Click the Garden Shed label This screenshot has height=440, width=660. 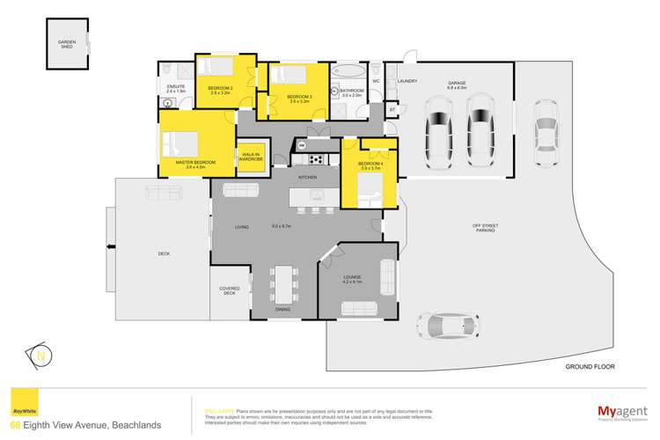[66, 44]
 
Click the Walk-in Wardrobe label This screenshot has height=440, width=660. [250, 157]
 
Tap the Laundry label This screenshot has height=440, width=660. [407, 81]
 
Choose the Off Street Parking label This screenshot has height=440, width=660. [485, 229]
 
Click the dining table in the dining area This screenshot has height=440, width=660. [283, 283]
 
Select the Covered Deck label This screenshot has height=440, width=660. [229, 290]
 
